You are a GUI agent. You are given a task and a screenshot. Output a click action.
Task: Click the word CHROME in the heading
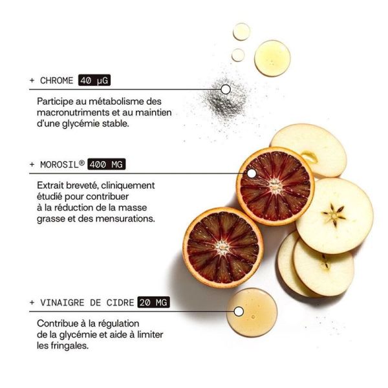[x=57, y=80]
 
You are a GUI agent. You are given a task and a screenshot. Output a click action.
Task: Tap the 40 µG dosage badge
[x=94, y=80]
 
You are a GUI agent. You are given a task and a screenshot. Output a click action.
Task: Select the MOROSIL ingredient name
[x=59, y=164]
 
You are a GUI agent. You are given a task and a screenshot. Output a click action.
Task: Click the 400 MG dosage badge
[x=107, y=164]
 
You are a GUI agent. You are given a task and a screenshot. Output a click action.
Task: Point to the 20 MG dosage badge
[x=154, y=302]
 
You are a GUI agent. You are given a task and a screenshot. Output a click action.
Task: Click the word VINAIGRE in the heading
[x=62, y=303]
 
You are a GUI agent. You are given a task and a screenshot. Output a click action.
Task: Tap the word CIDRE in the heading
[x=120, y=303]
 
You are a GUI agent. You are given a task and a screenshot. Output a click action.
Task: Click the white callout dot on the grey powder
[x=226, y=89]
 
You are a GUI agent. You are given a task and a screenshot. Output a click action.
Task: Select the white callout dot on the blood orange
[x=252, y=173]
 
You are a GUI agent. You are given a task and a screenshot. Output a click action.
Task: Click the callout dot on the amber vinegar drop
[x=239, y=312]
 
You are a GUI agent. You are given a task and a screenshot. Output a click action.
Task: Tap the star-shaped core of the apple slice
[x=334, y=215]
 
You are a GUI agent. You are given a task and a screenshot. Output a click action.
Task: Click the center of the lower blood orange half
[x=222, y=248]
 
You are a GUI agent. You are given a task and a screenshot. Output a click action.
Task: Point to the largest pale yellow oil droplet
[x=272, y=58]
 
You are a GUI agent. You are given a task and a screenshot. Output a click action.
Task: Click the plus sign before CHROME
[x=32, y=80]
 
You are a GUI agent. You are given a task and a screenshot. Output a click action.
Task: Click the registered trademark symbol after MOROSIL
[x=81, y=162]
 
